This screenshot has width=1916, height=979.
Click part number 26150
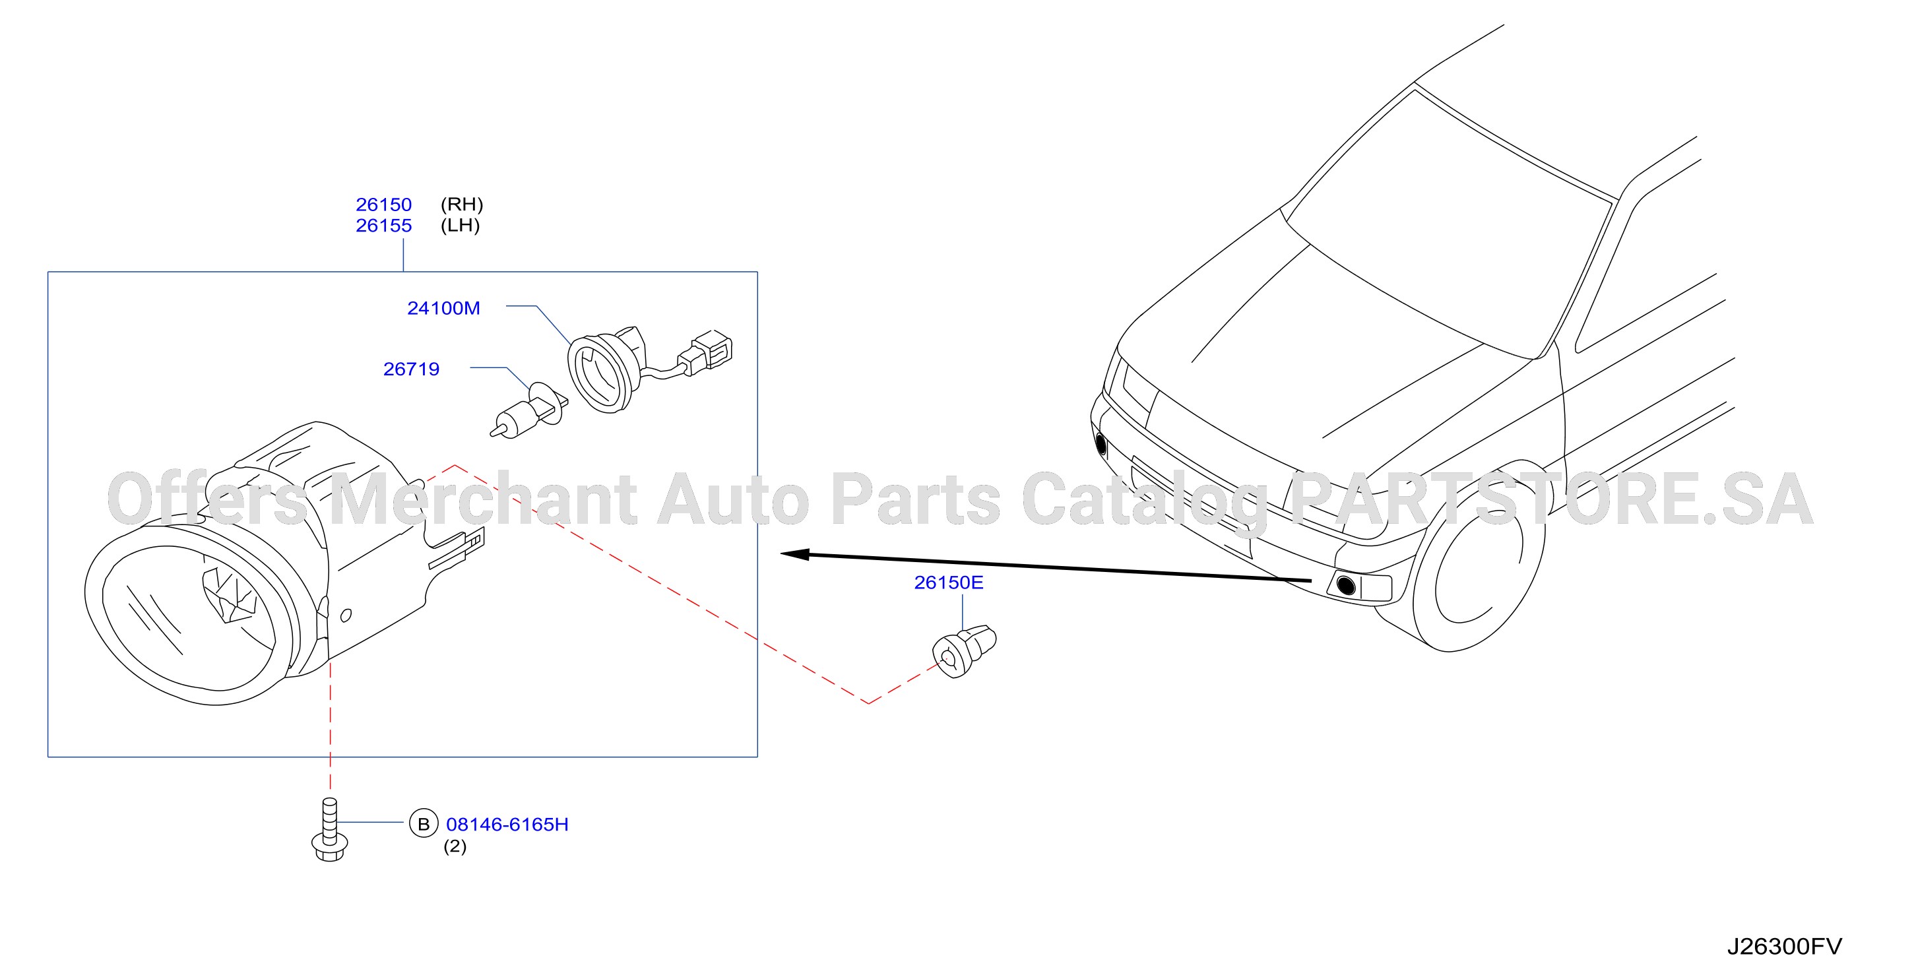[383, 205]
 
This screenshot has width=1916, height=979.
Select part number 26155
[383, 226]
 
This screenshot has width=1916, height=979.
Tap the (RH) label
[462, 205]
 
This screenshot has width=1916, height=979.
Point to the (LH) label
[461, 226]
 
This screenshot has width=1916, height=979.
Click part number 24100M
[443, 308]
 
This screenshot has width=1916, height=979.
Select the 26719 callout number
[411, 369]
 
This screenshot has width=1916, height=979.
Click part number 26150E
[948, 583]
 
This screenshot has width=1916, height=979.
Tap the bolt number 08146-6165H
[507, 824]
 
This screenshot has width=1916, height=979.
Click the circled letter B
[423, 823]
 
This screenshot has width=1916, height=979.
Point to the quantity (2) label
[455, 846]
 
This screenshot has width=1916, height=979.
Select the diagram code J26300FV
[1784, 946]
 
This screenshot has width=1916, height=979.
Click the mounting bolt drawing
[329, 829]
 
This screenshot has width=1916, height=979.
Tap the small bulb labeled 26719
[529, 413]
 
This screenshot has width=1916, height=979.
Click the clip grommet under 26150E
[964, 651]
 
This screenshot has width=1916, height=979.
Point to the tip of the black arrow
[781, 553]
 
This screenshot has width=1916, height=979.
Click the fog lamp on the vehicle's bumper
[1345, 584]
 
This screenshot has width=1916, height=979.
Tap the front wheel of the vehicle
[1479, 558]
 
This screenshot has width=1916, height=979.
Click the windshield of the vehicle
[1450, 223]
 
